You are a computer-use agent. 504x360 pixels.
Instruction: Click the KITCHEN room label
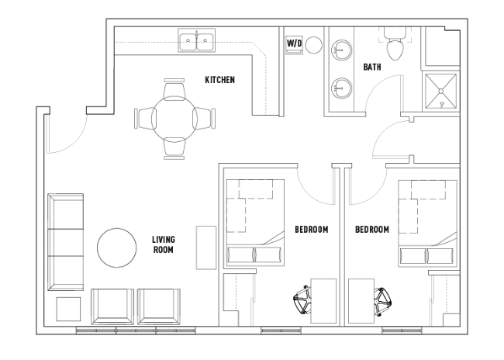(220, 80)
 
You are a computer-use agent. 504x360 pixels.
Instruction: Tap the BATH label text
(372, 67)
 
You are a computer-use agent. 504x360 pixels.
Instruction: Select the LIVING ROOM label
(164, 244)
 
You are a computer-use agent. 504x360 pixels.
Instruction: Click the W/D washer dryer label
(294, 43)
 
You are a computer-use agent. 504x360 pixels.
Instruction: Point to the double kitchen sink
(197, 40)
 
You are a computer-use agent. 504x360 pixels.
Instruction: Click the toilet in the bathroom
(395, 44)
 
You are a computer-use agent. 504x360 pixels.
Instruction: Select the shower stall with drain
(441, 92)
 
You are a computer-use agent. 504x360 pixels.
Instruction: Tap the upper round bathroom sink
(342, 50)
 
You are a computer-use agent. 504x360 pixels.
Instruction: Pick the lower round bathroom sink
(342, 88)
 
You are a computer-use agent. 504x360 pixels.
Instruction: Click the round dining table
(174, 119)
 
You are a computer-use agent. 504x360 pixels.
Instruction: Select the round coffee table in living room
(116, 247)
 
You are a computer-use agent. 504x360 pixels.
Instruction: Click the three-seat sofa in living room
(66, 242)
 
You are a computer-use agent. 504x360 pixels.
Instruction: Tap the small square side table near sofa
(68, 309)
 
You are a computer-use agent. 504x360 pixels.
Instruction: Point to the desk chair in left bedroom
(302, 299)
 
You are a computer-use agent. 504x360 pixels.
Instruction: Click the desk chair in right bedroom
(382, 302)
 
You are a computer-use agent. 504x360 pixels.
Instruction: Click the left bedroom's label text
(312, 230)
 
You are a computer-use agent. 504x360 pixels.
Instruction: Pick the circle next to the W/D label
(314, 45)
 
